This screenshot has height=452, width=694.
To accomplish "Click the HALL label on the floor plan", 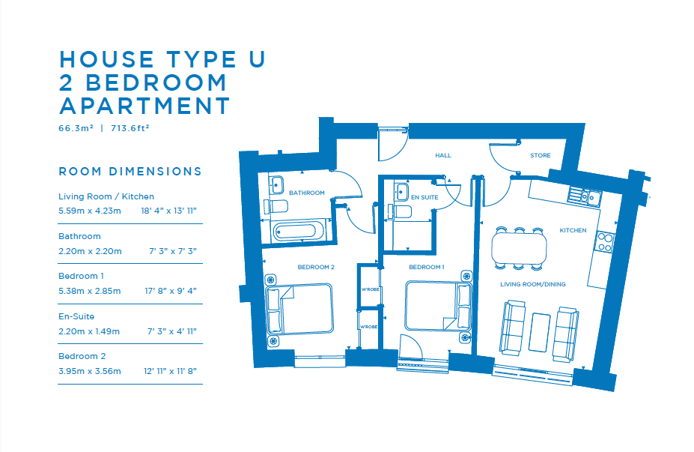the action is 443,156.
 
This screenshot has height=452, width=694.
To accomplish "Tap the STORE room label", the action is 541,156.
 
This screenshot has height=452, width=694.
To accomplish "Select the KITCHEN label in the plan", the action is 573,230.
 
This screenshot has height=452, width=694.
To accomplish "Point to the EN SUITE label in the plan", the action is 424,198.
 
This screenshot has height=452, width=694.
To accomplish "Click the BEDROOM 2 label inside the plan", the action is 316,267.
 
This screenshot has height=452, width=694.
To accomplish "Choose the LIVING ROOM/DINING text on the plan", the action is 533,285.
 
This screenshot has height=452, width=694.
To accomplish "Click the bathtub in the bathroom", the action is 295,232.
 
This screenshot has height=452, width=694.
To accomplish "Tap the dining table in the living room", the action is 519,248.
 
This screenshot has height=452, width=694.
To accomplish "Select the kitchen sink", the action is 585,196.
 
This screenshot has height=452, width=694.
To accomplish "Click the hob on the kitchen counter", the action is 605,241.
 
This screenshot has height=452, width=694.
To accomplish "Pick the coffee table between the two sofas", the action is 540,332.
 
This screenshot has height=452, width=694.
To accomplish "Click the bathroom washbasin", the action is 276,185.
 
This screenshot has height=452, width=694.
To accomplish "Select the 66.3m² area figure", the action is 76,128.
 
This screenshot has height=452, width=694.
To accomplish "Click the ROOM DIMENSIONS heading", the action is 130,172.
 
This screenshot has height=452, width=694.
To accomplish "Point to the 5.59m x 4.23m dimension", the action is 90,211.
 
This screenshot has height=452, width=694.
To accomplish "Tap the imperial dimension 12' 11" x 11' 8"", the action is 170,371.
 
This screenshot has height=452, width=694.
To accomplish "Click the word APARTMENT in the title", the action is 145,106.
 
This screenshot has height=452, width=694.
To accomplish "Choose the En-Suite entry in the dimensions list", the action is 76,316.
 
